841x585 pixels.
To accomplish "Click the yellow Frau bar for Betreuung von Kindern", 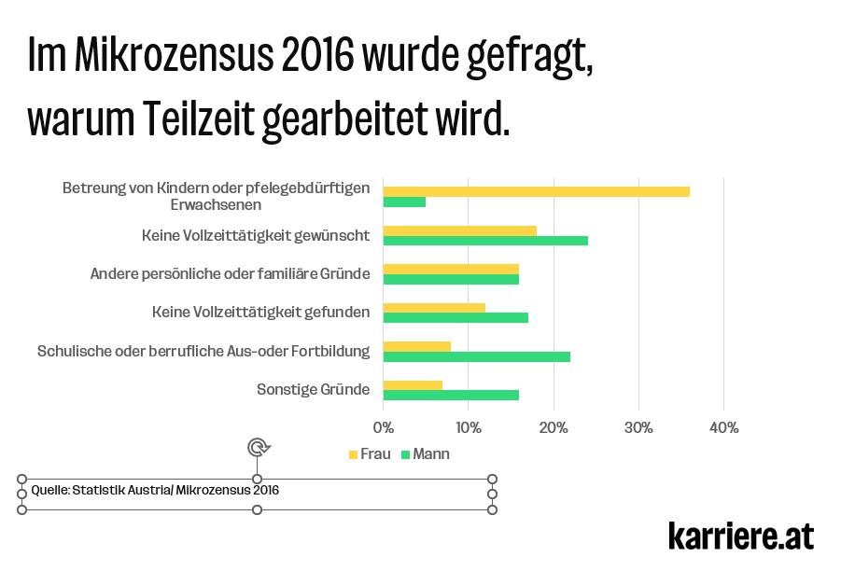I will [x=536, y=191].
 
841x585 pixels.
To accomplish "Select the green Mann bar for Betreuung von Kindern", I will [x=404, y=202].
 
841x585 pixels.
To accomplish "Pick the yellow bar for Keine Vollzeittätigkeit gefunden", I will [x=434, y=307].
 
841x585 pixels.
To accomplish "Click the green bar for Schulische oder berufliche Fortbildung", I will [x=476, y=356].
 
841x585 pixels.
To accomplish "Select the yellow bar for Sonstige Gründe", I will [x=413, y=384].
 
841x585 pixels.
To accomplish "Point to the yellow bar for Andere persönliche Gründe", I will [x=451, y=269].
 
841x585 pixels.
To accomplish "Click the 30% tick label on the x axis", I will [x=638, y=428].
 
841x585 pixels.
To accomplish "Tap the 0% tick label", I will [x=384, y=428].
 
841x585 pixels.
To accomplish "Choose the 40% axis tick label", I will [x=724, y=428].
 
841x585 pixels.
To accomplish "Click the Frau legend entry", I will [x=369, y=454].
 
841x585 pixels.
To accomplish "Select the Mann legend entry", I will [x=426, y=454].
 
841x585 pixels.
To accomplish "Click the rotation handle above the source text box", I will [x=259, y=447].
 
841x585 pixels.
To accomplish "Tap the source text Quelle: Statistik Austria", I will [x=155, y=490].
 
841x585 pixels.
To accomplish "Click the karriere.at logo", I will [x=740, y=536].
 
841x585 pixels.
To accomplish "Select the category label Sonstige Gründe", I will [x=313, y=389].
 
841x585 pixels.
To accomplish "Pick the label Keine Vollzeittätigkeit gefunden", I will [x=260, y=312].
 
